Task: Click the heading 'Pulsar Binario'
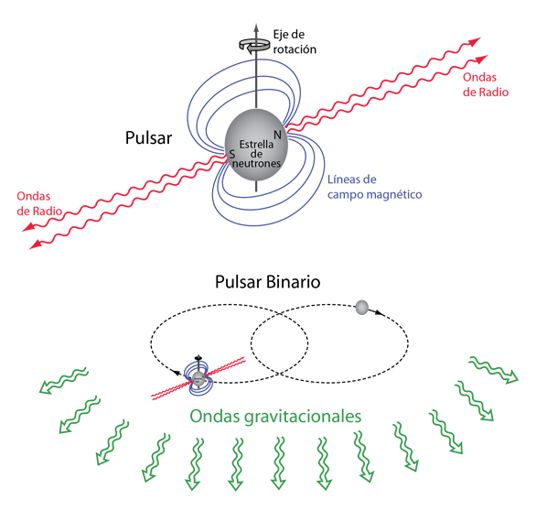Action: [268, 282]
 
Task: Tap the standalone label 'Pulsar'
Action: [148, 137]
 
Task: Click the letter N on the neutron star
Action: [277, 135]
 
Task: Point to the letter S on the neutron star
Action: [231, 154]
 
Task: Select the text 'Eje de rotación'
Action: [295, 42]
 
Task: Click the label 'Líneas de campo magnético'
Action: [375, 187]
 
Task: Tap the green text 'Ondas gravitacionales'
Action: [275, 417]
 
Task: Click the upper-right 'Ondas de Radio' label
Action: [486, 84]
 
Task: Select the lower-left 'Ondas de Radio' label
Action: [39, 203]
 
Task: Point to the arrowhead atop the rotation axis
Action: [256, 28]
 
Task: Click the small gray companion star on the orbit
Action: [361, 308]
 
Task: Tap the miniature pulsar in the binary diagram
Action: [198, 377]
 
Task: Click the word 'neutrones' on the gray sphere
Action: [257, 163]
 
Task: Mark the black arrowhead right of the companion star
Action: [380, 312]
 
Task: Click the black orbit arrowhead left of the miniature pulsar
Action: [178, 373]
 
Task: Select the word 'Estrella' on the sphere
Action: [256, 145]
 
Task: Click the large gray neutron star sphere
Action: [256, 146]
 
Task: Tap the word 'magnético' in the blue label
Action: [396, 194]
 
